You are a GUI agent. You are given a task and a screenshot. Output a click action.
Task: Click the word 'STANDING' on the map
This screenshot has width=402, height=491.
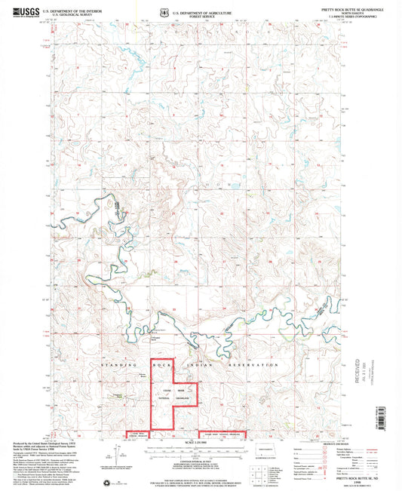[117, 365]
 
